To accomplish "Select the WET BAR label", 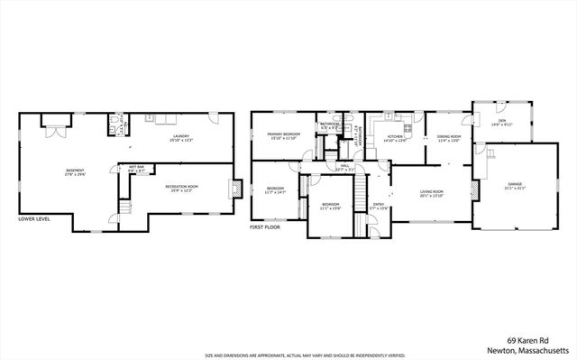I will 137,169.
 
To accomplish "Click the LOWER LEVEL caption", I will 34,218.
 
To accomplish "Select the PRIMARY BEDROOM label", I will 283,135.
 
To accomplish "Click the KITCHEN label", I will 395,139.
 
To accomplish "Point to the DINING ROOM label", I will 448,139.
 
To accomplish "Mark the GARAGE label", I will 514,185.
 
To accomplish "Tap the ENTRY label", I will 379,207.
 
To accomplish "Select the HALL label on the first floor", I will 344,168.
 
